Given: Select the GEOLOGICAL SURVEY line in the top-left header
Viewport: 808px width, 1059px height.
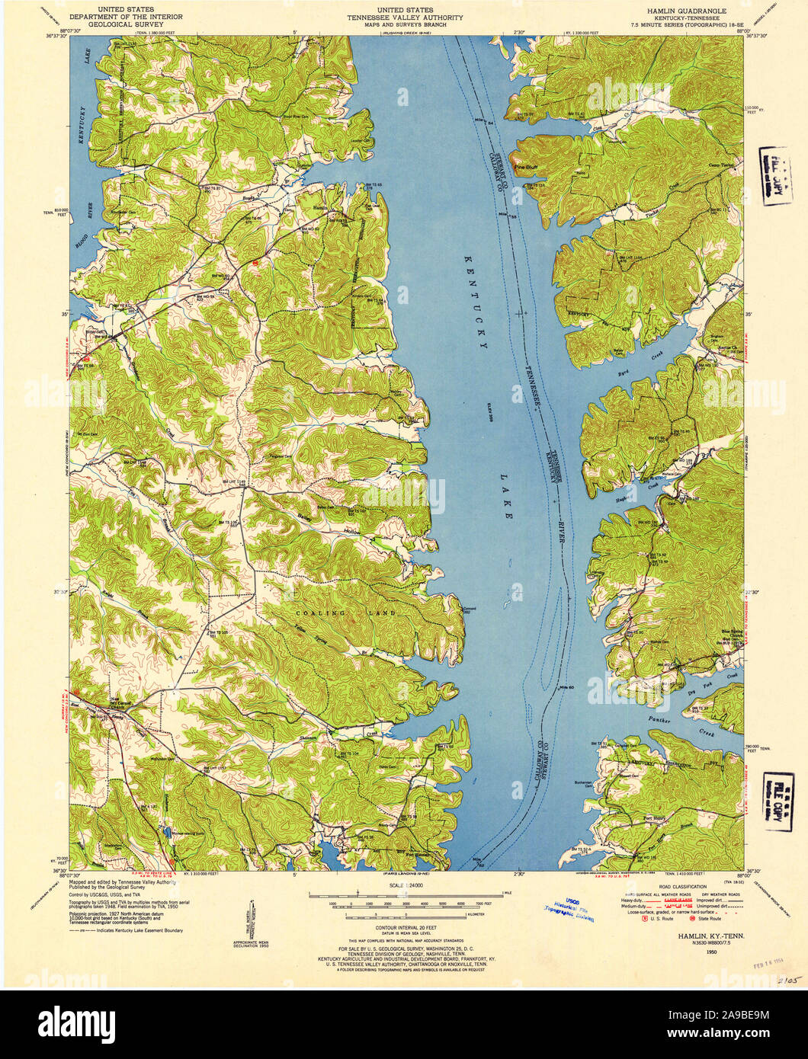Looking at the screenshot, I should click(x=115, y=24).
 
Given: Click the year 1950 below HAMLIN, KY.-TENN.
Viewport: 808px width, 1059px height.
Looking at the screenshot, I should click(x=710, y=951).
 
